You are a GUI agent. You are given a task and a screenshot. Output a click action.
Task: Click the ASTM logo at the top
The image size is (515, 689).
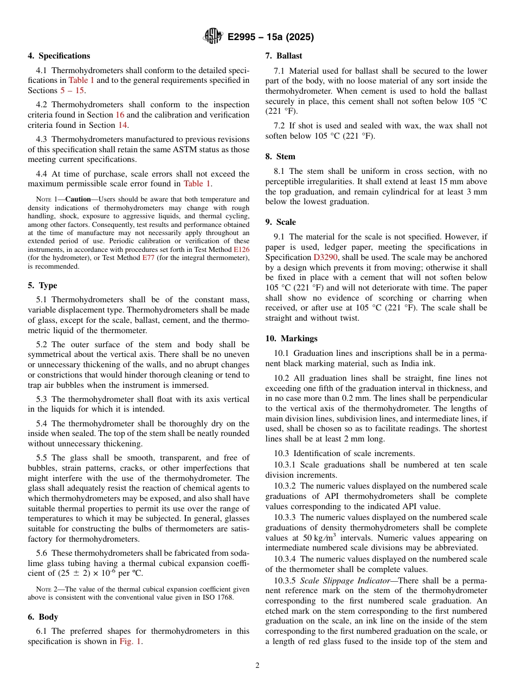212,37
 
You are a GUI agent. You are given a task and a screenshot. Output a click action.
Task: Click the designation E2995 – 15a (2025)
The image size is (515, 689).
271,37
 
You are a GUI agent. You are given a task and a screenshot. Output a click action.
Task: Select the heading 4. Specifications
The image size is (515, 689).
59,56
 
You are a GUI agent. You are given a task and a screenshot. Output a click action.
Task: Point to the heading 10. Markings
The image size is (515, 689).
291,339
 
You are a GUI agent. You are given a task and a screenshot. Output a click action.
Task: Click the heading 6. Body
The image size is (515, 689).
43,617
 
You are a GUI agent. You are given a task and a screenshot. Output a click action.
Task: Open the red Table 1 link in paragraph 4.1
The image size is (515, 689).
81,81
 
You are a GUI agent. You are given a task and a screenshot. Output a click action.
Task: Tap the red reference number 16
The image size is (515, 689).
120,115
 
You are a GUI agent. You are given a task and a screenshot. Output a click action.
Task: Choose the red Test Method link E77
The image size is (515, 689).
148,258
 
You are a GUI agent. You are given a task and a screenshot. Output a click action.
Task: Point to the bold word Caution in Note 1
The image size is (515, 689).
78,199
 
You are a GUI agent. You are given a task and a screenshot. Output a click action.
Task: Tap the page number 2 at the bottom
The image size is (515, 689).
257,666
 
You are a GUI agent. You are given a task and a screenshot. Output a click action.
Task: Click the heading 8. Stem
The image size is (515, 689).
280,157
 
